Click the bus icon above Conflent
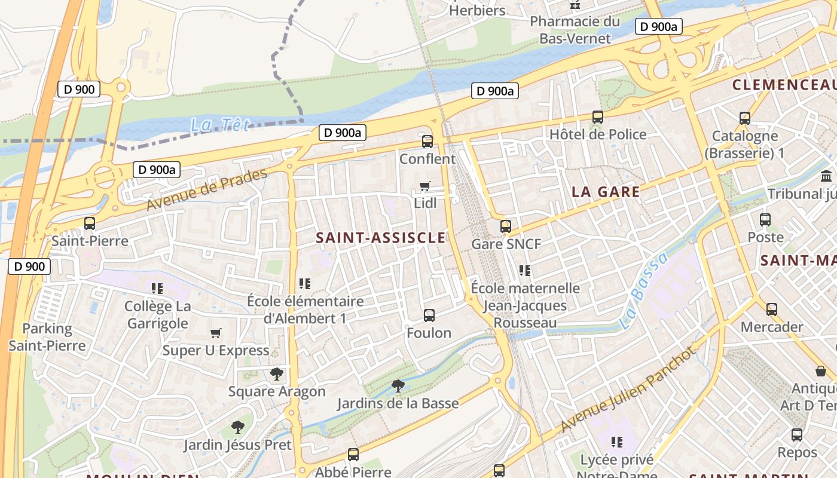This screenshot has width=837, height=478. [x=427, y=142]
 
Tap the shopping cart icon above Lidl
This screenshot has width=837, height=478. [x=425, y=186]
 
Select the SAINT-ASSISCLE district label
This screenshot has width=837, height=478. [x=381, y=238]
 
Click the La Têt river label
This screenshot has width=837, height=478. [x=219, y=125]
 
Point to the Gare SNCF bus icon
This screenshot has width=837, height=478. [x=506, y=226]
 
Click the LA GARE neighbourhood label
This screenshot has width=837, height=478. [x=606, y=192]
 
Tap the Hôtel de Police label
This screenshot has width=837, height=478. [x=598, y=134]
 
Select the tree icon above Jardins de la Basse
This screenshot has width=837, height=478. [x=398, y=386]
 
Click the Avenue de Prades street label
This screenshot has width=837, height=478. [x=206, y=190]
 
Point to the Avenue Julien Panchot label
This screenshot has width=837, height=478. [x=629, y=390]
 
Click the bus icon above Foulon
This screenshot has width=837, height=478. [x=429, y=315]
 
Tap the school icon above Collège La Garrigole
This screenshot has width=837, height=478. [x=157, y=289]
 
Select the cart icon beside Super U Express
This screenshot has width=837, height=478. [x=216, y=333]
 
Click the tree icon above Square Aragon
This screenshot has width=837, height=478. [x=276, y=375]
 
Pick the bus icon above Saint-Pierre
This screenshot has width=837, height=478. [x=90, y=223]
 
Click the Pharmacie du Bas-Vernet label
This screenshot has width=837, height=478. [x=575, y=30]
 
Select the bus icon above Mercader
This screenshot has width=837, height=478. [x=772, y=310]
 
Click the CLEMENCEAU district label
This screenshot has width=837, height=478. [x=784, y=84]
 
